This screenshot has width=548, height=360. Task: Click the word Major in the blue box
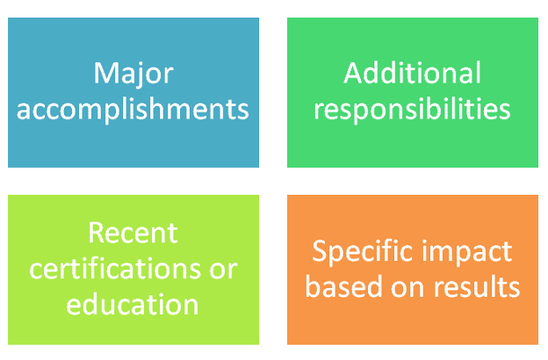[133, 75]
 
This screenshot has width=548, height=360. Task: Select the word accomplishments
[133, 110]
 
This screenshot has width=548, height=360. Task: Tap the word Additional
[413, 73]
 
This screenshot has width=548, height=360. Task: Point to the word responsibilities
[413, 110]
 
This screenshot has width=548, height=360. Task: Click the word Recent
[133, 233]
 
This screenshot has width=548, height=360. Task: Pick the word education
[133, 304]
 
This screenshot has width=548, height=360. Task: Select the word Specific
[362, 253]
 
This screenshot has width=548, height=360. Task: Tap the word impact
[467, 253]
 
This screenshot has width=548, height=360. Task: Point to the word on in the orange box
[407, 289]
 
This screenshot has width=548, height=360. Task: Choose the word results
[477, 286]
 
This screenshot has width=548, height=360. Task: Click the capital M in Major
[105, 73]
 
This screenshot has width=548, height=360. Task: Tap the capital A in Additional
[354, 73]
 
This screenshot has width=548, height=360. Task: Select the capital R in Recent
[97, 233]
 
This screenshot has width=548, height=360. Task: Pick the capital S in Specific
[319, 250]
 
